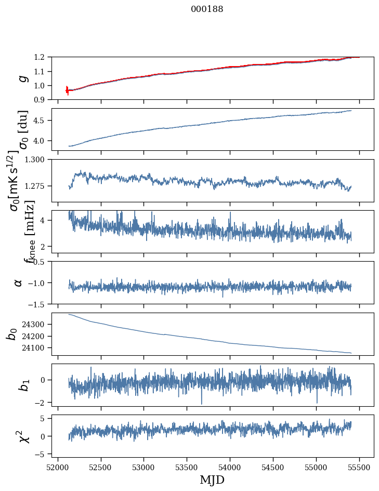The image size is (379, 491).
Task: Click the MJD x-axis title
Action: [212, 480]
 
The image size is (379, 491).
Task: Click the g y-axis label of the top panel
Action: [22, 78]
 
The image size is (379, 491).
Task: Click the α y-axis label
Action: [19, 282]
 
